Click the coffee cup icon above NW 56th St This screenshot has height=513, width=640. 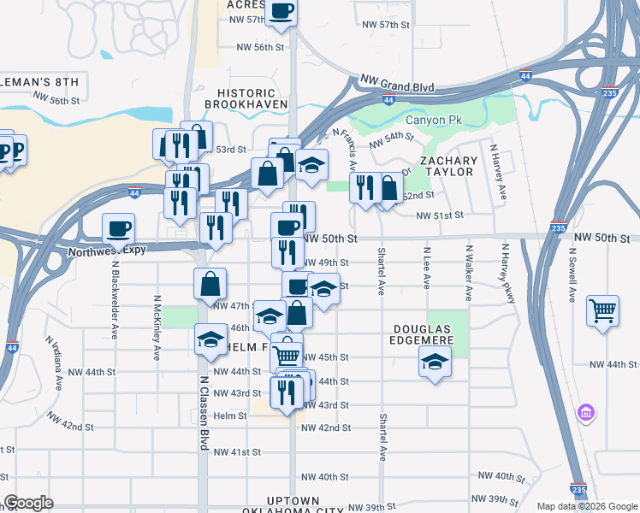(281, 12)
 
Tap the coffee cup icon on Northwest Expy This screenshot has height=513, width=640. (118, 228)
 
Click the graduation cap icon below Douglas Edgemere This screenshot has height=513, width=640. (435, 363)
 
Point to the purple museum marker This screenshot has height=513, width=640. (586, 414)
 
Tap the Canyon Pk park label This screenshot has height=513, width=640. (434, 120)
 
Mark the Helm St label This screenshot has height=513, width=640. (230, 416)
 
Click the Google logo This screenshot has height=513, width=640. (28, 503)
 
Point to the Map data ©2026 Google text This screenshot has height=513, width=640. (586, 506)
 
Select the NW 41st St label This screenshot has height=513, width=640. (237, 451)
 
